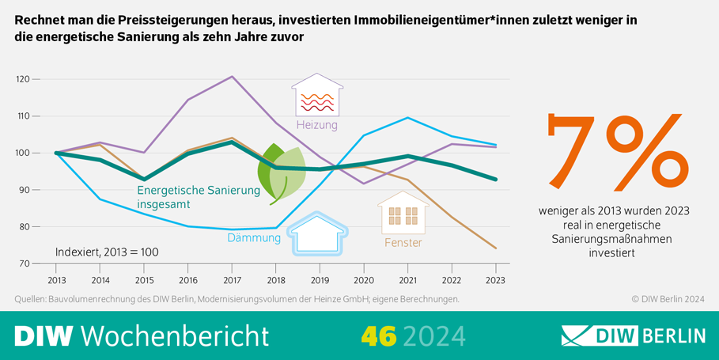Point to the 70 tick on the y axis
pos(24,263)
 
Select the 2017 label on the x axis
pos(231,279)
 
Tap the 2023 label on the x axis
pos(495,279)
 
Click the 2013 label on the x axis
pos(55,279)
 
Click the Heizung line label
pos(316,125)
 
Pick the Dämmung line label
pos(254,237)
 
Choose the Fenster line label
pos(403,242)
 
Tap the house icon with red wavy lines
pos(317,96)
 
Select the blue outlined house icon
pos(317,233)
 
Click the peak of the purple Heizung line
pos(231,77)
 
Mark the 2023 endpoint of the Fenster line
pos(495,248)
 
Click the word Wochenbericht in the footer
pos(175,335)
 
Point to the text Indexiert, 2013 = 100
pos(107,252)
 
